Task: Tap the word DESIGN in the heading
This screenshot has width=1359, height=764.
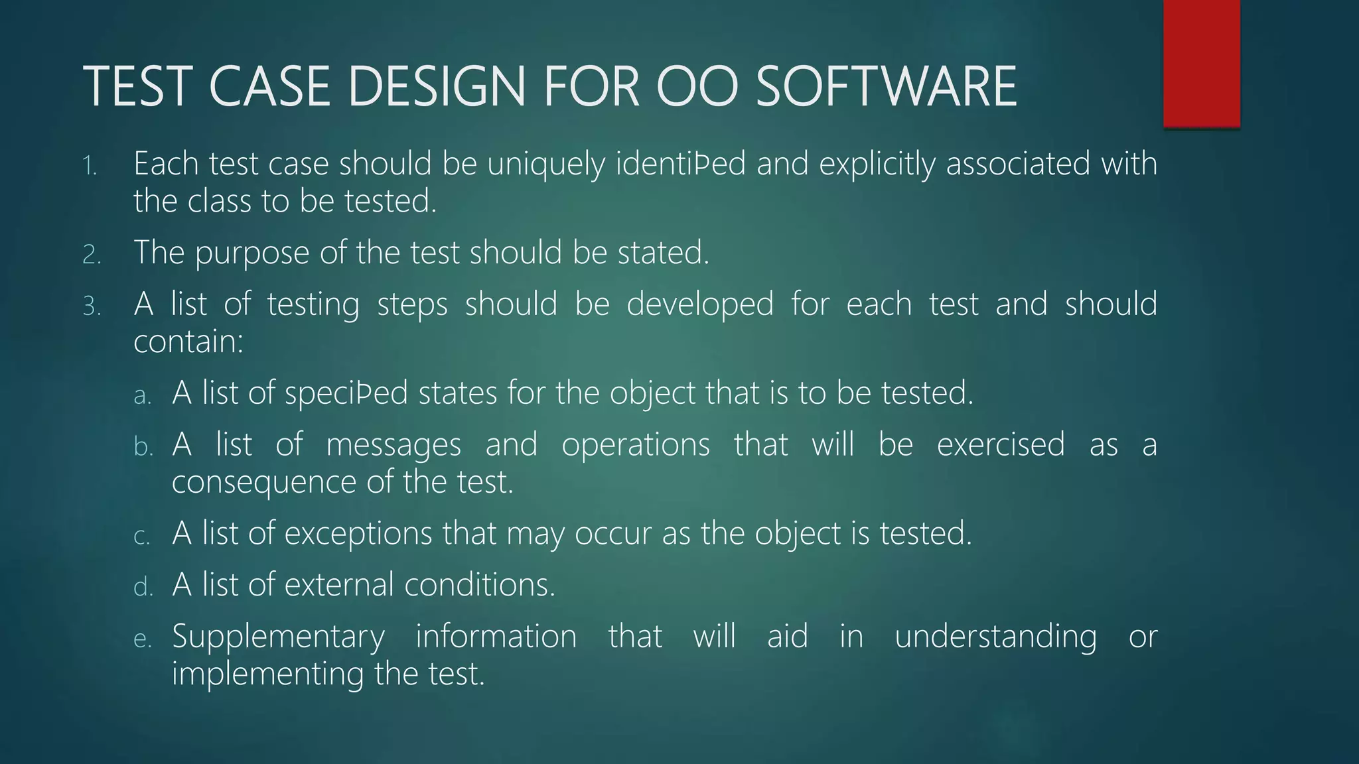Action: point(437,86)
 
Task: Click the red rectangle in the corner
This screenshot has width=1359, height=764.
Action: point(1201,63)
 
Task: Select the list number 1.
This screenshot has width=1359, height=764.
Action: point(90,166)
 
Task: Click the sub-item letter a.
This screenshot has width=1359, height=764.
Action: point(142,396)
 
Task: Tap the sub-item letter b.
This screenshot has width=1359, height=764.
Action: point(143,447)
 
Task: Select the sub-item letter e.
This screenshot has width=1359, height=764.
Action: point(142,639)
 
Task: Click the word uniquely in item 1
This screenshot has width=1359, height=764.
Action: point(545,164)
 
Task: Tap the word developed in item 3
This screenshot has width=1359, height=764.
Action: point(699,305)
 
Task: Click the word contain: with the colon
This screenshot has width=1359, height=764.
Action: point(188,342)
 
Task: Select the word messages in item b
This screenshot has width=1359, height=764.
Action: point(393,445)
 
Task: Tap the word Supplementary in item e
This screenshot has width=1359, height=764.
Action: point(278,637)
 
